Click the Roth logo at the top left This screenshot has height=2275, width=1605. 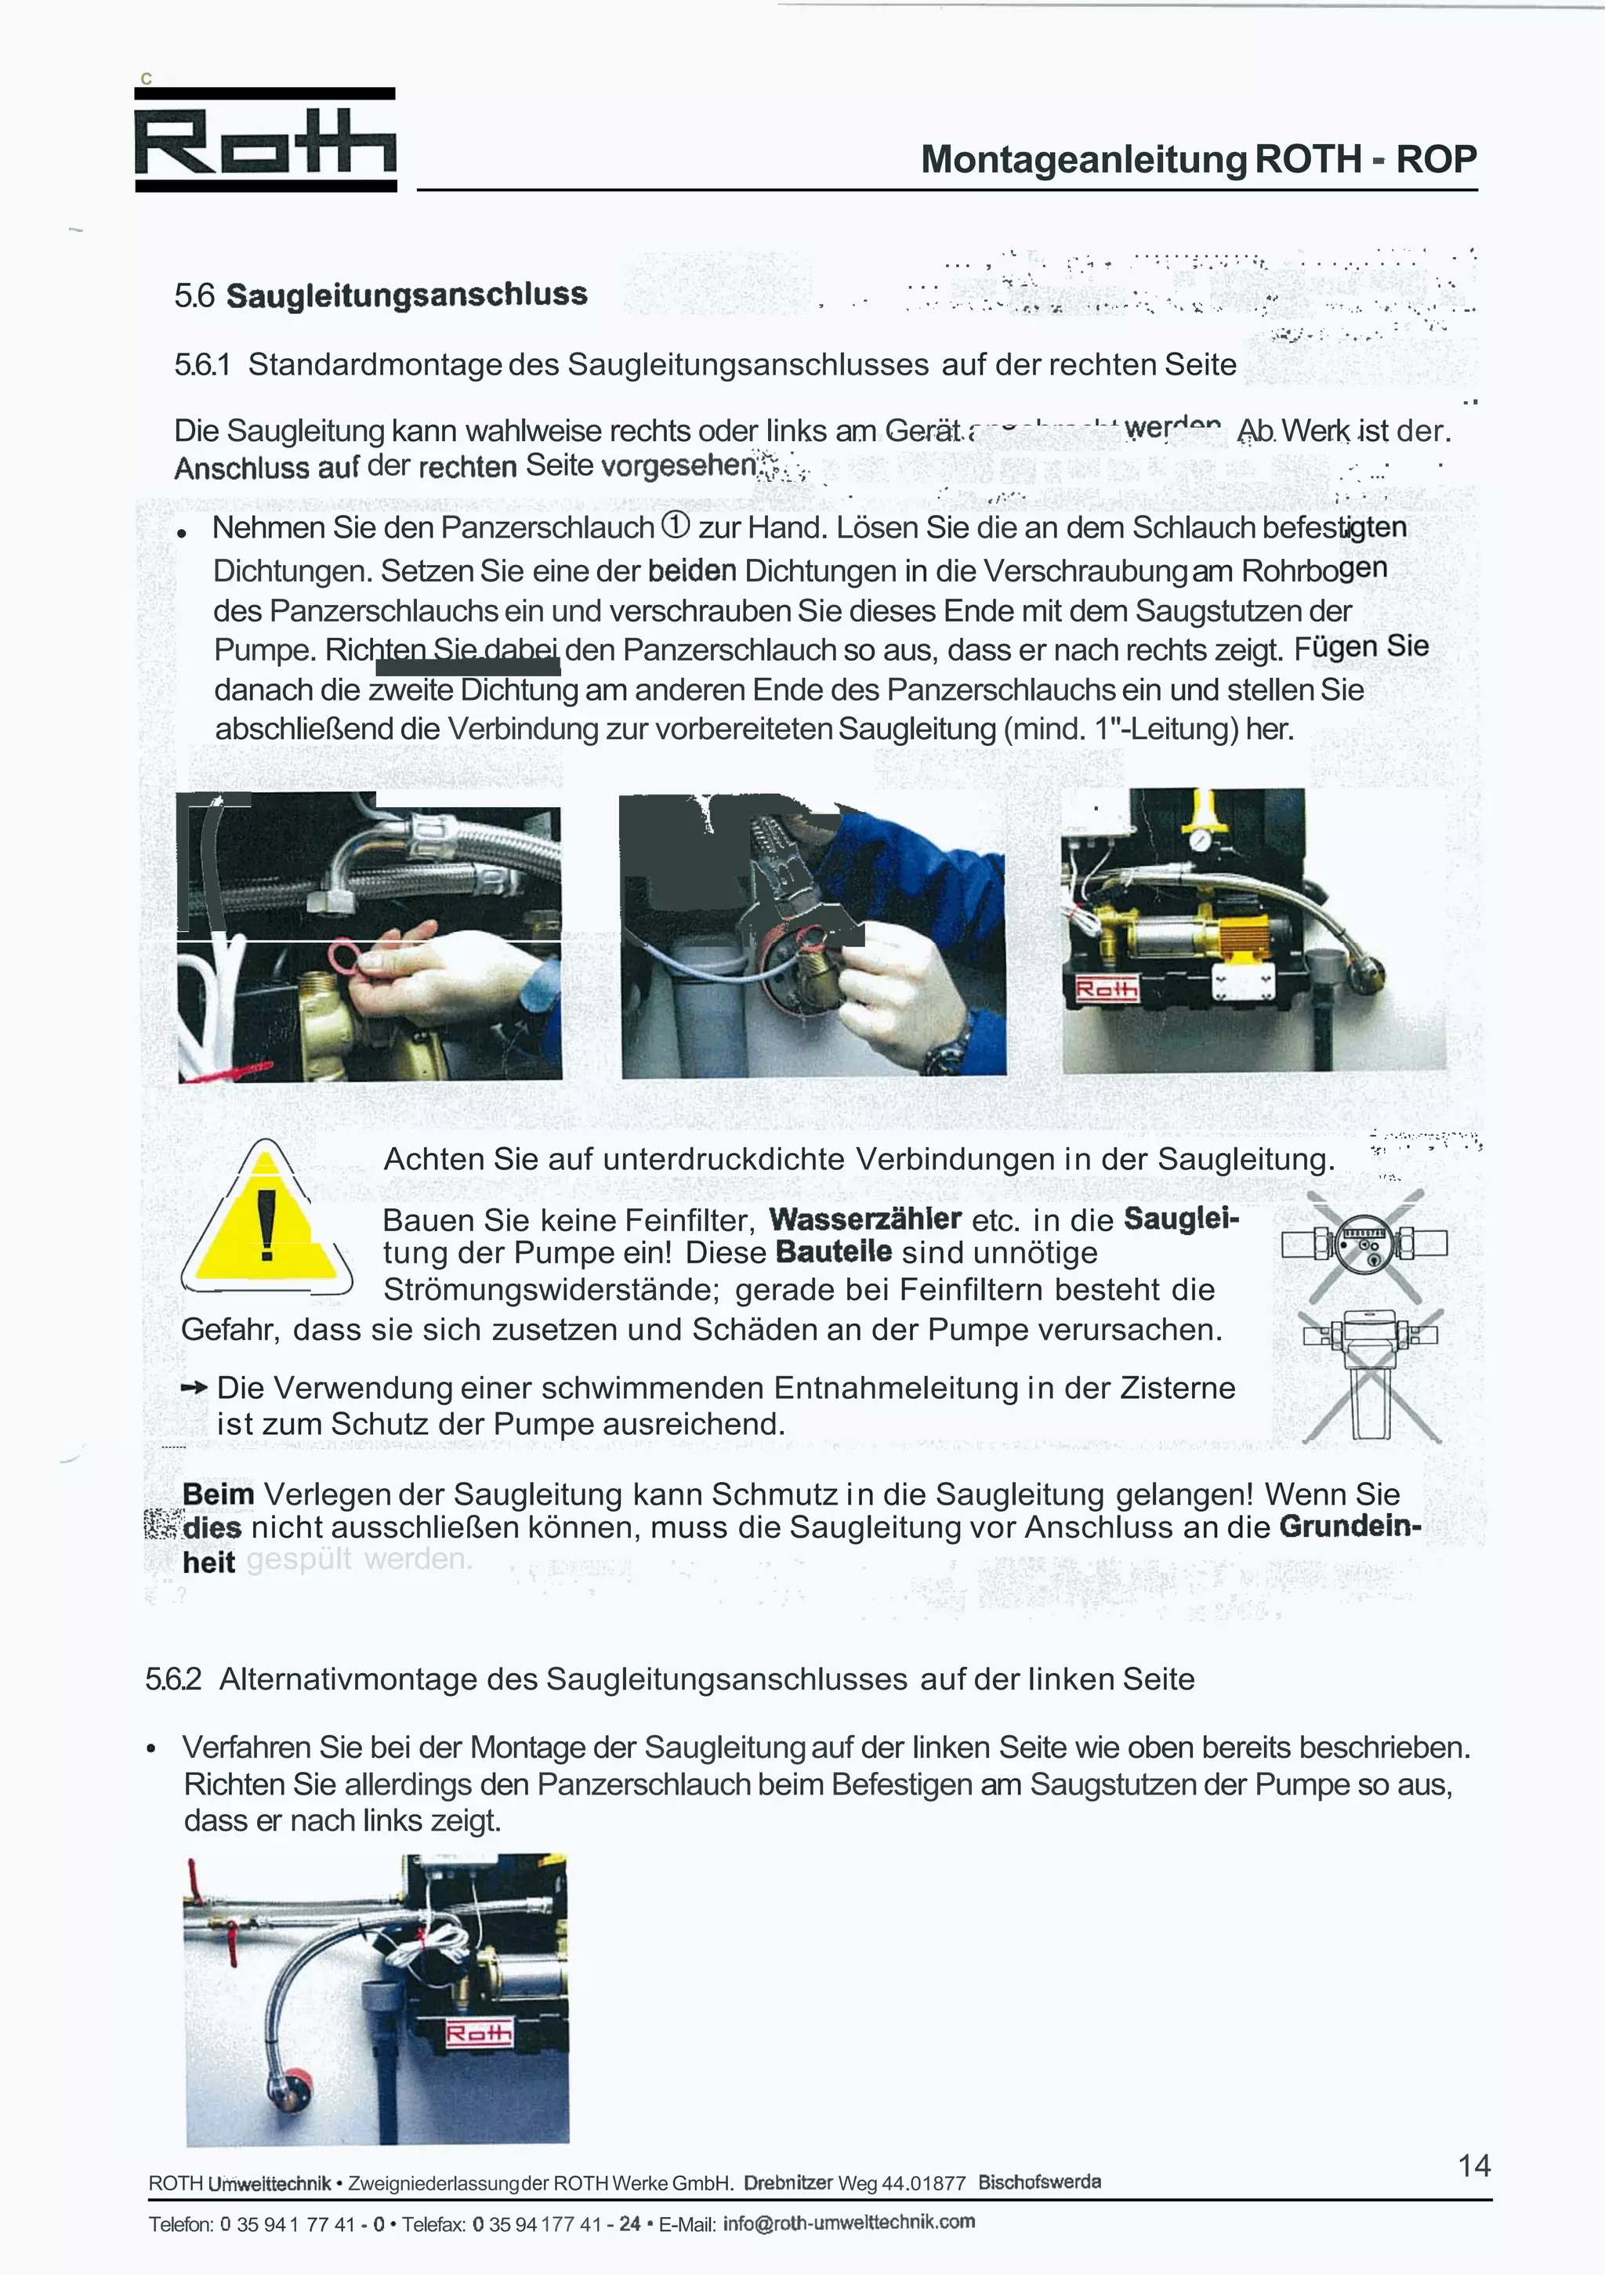266,139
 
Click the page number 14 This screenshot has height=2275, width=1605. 1474,2165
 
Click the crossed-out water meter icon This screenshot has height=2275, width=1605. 1364,1244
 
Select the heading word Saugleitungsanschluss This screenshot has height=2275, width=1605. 406,295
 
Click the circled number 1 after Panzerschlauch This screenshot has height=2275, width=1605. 675,525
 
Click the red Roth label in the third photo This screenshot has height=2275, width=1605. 1107,989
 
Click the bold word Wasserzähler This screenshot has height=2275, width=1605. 865,1219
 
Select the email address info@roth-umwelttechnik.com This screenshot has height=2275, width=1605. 849,2222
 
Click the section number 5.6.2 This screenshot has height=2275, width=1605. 173,1679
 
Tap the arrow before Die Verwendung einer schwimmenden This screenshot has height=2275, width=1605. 194,1388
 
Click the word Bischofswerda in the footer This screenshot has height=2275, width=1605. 1039,2182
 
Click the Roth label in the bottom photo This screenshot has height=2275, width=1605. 479,2033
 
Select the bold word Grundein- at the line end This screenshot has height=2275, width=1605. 1350,1526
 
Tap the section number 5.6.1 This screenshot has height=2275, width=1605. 202,364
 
